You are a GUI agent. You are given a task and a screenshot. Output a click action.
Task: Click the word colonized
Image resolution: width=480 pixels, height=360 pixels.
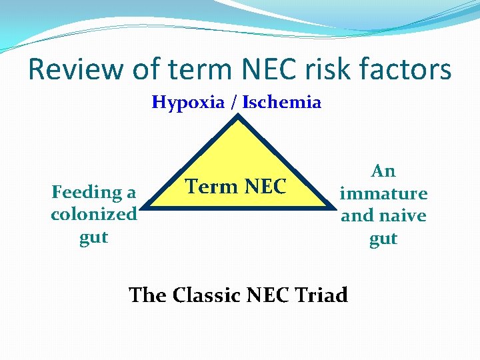94,215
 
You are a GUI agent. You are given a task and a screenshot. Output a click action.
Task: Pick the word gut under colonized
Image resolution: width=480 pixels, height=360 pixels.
94,237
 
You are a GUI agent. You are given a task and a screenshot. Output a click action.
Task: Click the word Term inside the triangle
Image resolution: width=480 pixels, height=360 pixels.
209,187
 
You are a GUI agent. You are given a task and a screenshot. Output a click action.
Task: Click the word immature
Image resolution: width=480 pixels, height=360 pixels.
383,193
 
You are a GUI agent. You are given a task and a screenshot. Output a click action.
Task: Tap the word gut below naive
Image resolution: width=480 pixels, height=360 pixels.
383,239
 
